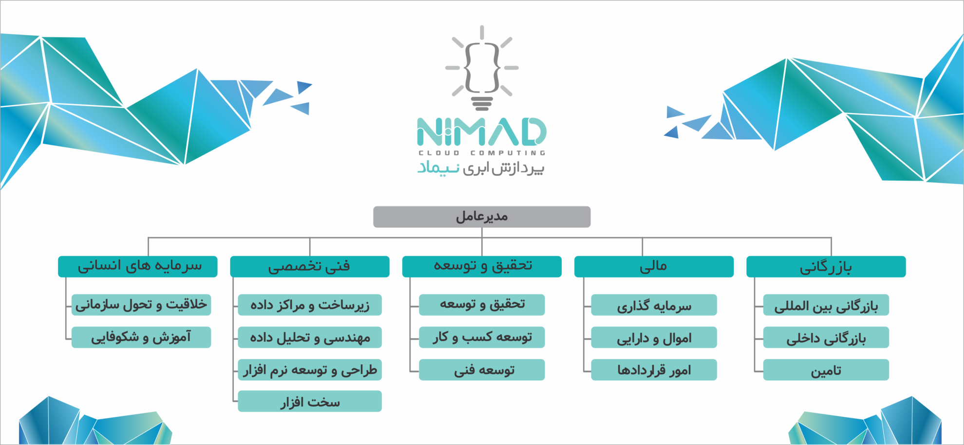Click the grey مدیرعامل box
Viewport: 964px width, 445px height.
point(482,217)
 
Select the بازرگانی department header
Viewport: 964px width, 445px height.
point(826,267)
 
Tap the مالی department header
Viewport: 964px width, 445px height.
point(654,267)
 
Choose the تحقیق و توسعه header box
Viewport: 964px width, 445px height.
point(482,267)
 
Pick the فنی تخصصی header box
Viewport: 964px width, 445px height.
point(310,267)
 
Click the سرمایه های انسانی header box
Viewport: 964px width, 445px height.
point(138,267)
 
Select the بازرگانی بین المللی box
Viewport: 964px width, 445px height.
point(826,305)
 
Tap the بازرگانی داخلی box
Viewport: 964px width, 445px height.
point(826,337)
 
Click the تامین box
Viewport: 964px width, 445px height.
point(826,370)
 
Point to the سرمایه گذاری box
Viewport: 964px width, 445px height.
point(654,305)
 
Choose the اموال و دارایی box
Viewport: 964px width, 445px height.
point(654,337)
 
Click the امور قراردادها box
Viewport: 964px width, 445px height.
point(654,370)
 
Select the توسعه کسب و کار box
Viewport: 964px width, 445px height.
point(482,337)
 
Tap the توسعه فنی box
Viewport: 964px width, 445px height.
point(482,370)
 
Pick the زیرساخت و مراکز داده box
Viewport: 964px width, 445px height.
point(310,305)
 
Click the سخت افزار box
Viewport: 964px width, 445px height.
point(310,402)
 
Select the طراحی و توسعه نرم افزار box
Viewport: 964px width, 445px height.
point(310,370)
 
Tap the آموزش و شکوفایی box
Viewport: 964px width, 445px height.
point(141,337)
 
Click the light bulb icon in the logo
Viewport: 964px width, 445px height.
point(482,68)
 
